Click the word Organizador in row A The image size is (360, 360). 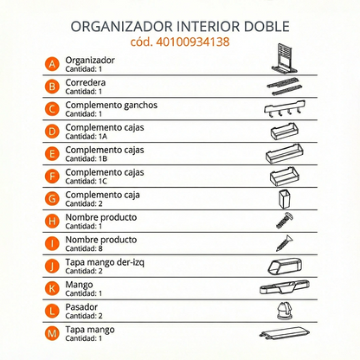pyautogui.click(x=91, y=60)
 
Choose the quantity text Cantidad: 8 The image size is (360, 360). pyautogui.click(x=88, y=248)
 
